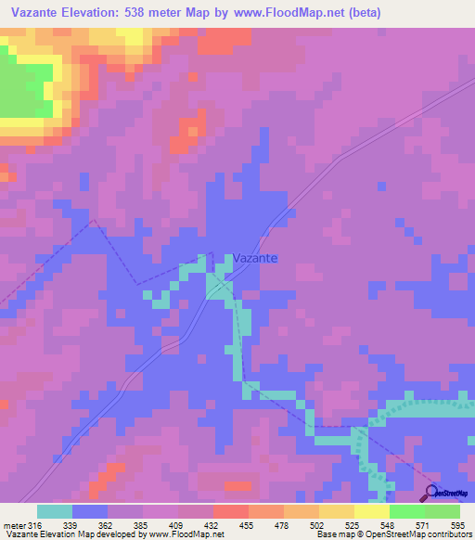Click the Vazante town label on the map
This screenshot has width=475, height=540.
click(x=255, y=260)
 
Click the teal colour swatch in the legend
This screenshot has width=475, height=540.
click(x=55, y=511)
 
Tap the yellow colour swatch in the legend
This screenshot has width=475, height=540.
click(x=371, y=511)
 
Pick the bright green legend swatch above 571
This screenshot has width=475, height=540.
click(x=406, y=511)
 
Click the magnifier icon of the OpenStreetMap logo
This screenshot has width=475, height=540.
click(x=430, y=493)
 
